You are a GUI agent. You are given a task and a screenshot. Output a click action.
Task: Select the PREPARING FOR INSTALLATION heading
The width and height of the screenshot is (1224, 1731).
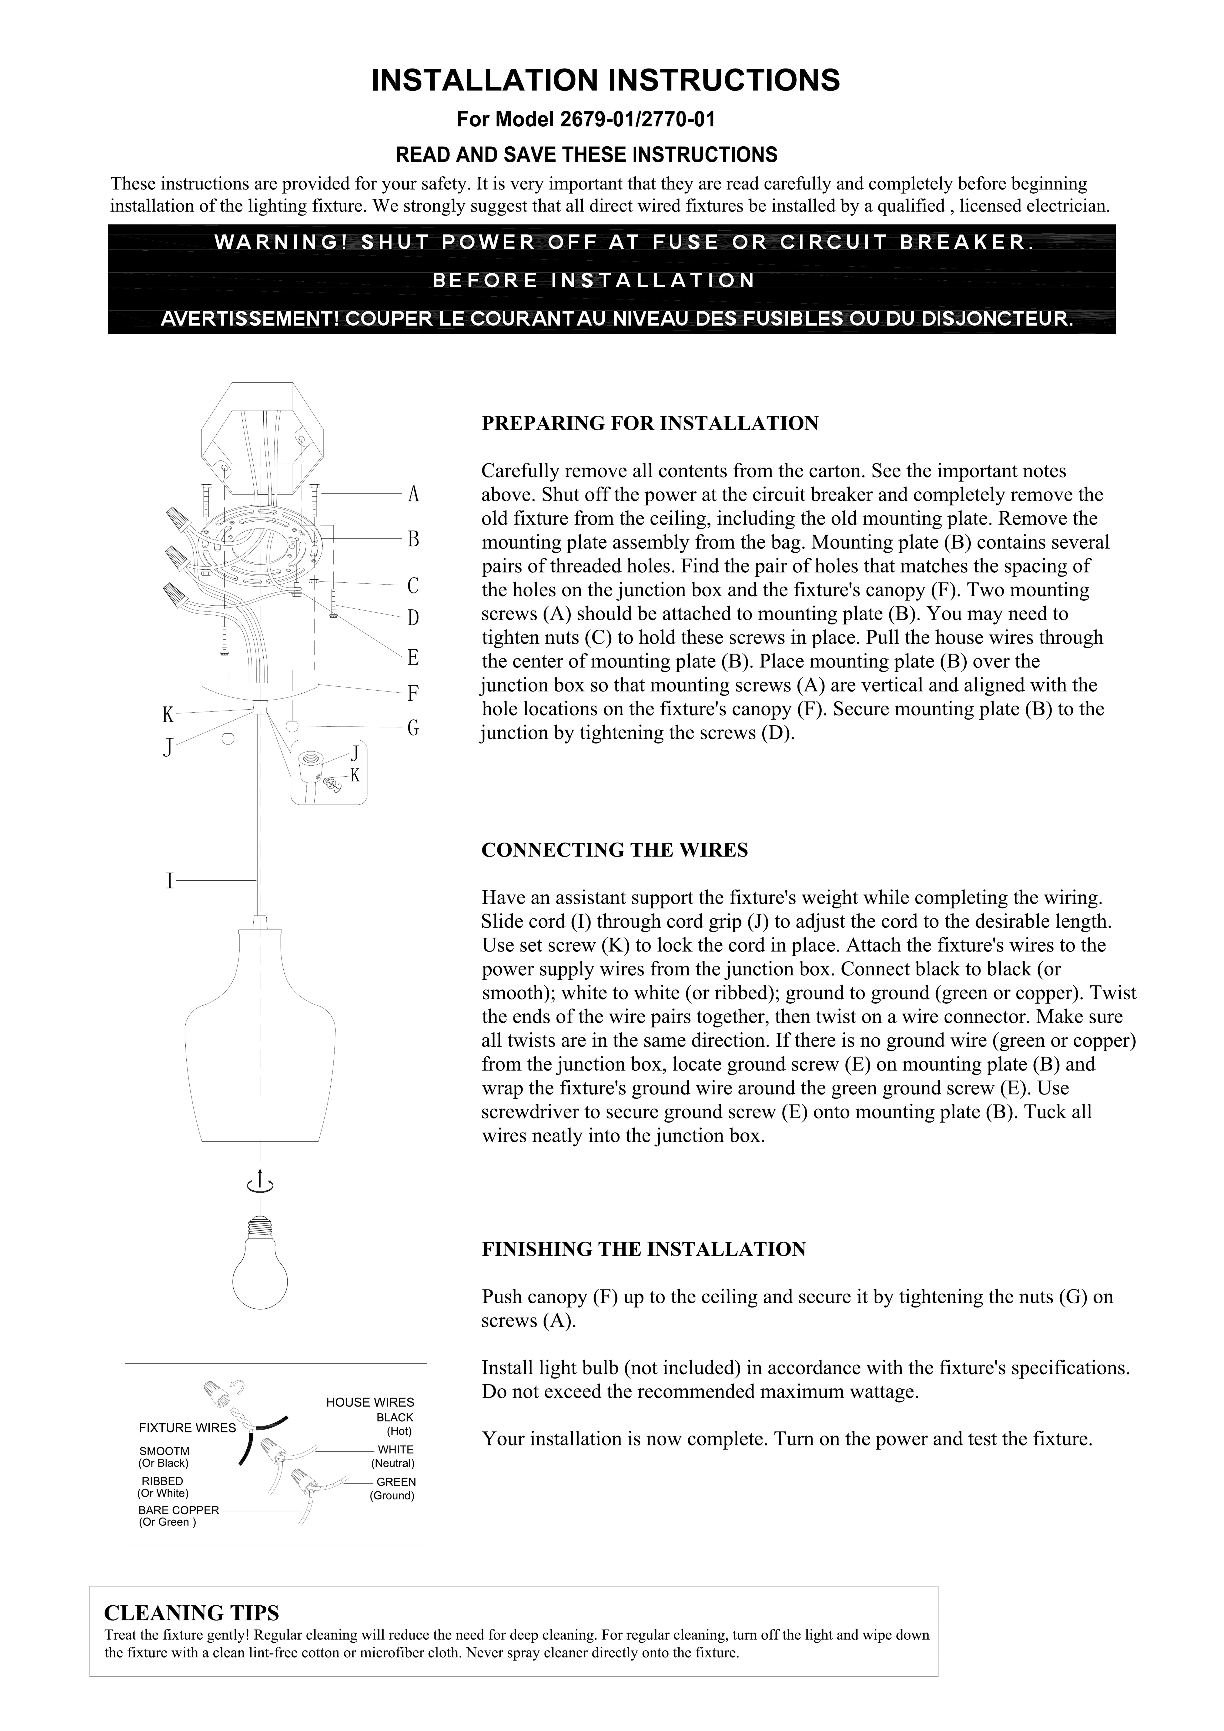(650, 424)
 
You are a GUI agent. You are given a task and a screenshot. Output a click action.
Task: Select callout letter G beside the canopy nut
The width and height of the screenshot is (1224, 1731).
(413, 728)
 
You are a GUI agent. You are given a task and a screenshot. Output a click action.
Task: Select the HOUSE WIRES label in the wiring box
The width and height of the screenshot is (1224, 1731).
(370, 1402)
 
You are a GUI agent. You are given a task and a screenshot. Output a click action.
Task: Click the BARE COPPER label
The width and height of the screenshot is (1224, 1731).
(179, 1510)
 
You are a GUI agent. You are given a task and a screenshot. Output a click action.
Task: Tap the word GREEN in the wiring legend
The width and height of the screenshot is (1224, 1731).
(396, 1481)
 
